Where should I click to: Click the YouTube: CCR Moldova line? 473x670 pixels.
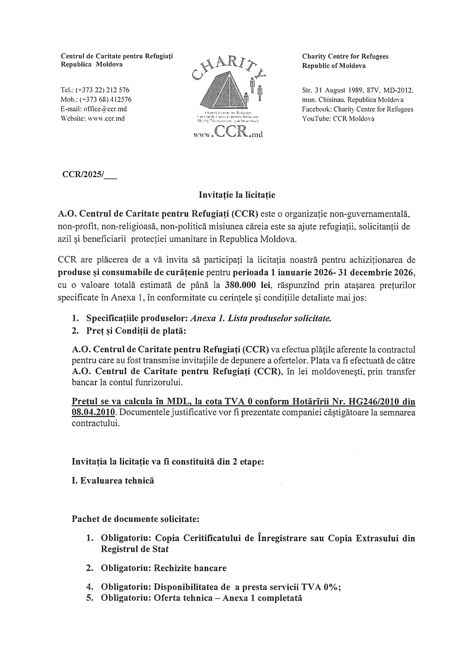(x=338, y=119)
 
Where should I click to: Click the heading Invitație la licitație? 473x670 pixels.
(x=237, y=195)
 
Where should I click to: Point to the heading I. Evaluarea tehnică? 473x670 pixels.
(x=113, y=481)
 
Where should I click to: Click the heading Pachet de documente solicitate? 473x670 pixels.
(x=136, y=519)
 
